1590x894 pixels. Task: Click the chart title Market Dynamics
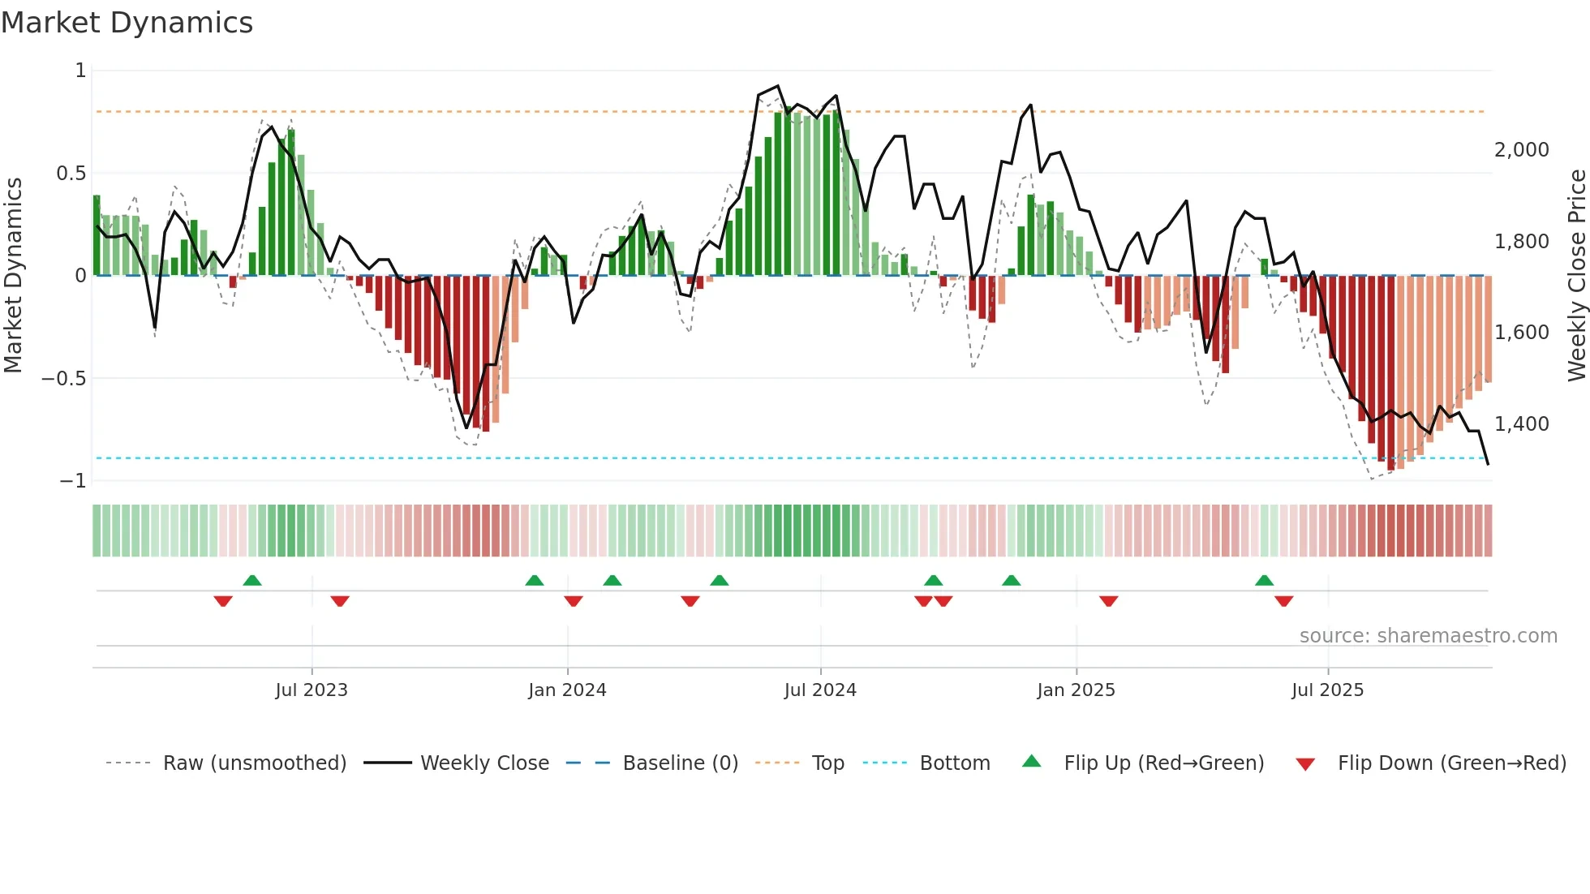[x=127, y=23]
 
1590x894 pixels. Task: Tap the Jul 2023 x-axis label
[x=312, y=690]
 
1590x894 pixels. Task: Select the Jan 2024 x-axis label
[x=567, y=690]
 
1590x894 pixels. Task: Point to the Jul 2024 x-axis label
[x=820, y=690]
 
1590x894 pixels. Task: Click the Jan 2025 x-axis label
[x=1076, y=690]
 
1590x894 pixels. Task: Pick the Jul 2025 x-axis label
[x=1327, y=690]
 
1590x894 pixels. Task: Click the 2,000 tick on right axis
[x=1521, y=150]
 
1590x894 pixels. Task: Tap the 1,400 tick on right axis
[x=1521, y=423]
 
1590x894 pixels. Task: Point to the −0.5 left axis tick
[x=63, y=379]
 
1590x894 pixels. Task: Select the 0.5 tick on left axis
[x=71, y=174]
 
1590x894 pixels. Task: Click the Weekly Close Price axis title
[x=1576, y=276]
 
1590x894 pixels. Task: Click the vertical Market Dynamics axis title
[x=13, y=276]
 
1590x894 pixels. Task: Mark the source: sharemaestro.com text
[x=1428, y=636]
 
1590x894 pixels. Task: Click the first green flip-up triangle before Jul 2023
[x=252, y=581]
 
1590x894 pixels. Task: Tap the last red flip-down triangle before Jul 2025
[x=1283, y=601]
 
